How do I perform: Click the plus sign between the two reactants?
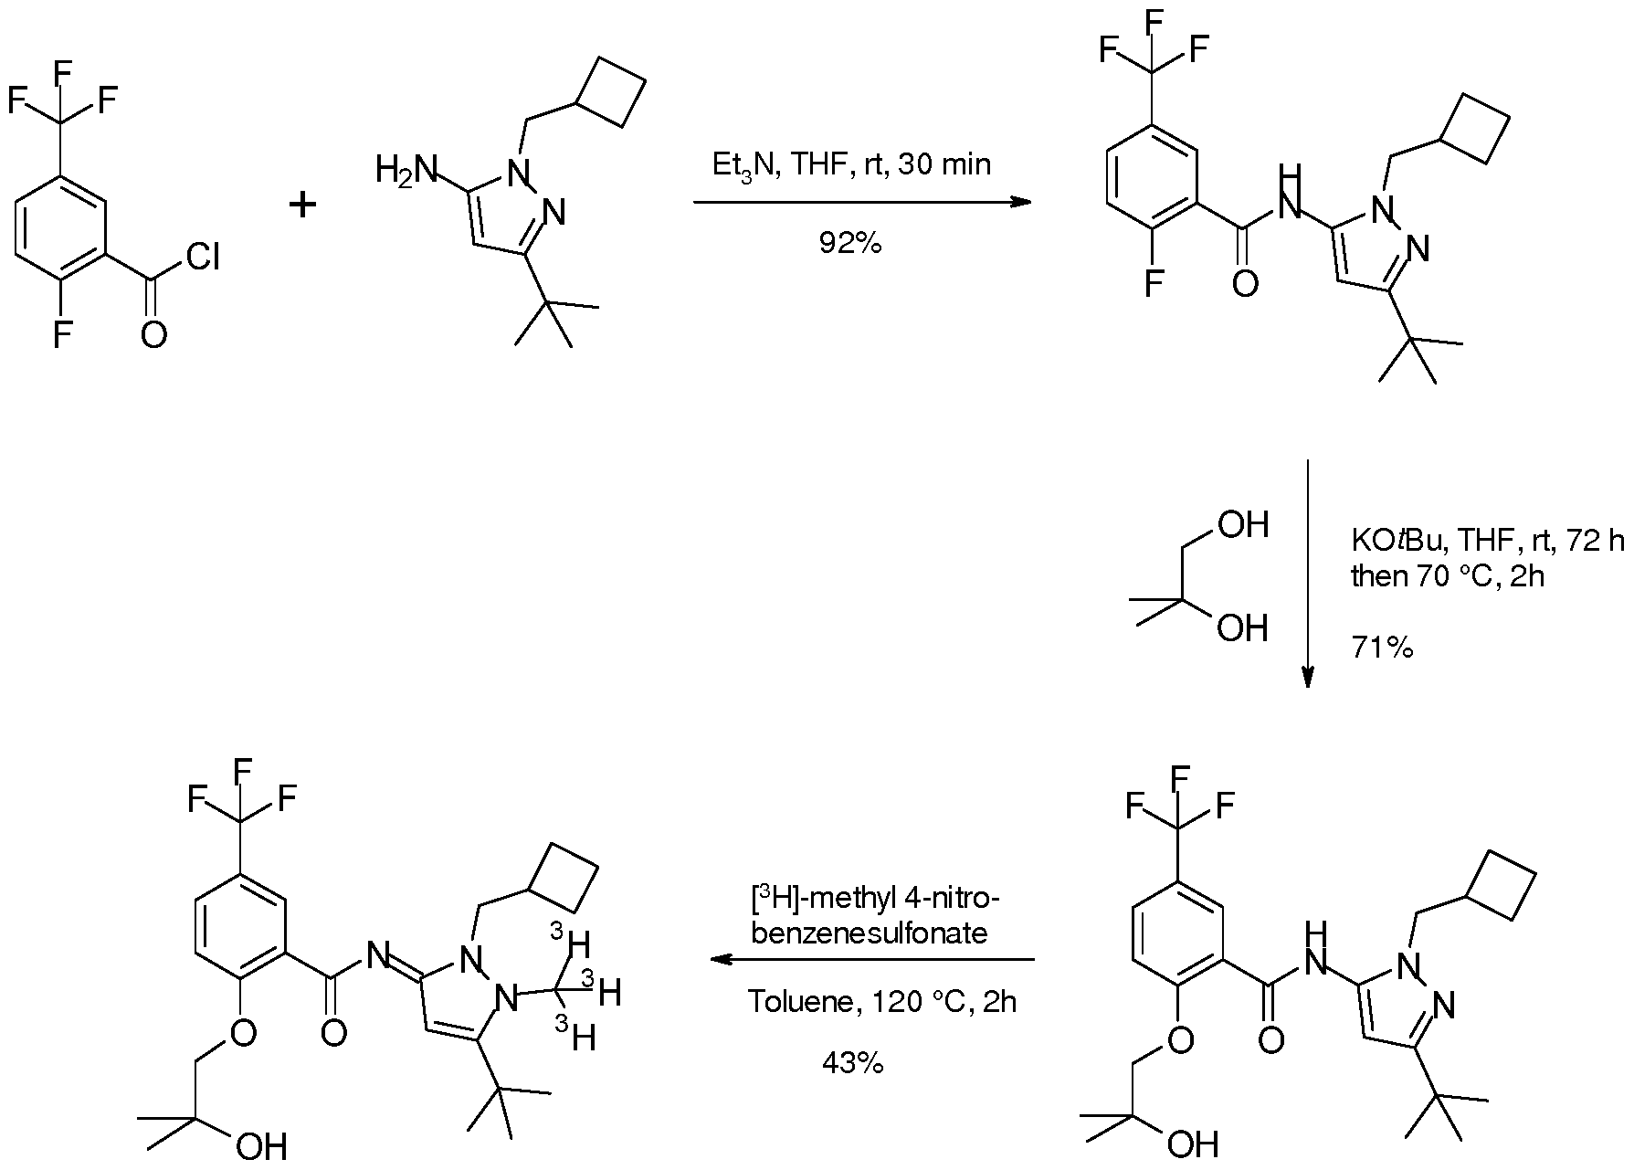click(302, 205)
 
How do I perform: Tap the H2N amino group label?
click(406, 170)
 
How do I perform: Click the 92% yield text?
click(850, 244)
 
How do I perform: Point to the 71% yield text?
click(1382, 648)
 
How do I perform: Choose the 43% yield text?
click(852, 1063)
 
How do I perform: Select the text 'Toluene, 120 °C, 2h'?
click(882, 1002)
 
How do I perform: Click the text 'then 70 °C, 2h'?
click(1448, 576)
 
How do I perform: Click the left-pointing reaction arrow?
click(872, 960)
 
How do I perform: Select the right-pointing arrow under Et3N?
click(862, 203)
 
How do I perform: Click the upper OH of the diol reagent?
click(1243, 525)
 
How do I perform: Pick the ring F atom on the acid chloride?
click(62, 335)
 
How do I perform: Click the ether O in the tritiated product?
click(242, 1033)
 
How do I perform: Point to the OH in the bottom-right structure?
click(1193, 1143)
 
